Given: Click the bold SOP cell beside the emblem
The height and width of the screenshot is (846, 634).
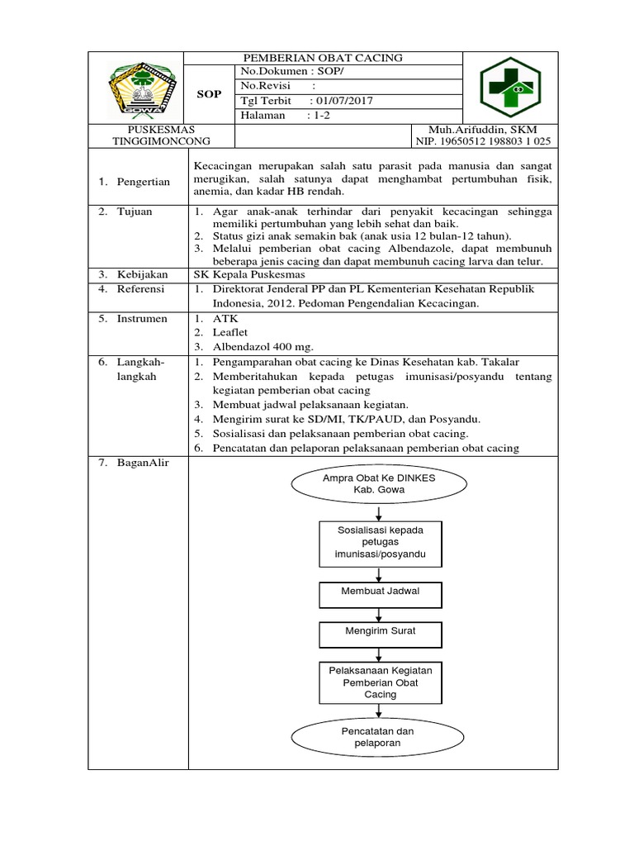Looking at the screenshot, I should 209,94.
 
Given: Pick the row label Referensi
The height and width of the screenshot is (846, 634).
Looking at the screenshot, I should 140,289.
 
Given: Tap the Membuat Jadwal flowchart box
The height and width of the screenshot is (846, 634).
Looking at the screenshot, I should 380,592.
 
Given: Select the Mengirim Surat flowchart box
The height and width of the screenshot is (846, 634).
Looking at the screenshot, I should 380,632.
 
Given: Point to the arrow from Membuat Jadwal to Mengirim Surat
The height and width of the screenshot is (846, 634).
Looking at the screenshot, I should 379,614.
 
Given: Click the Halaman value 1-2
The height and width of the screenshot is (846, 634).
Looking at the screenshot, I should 319,116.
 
